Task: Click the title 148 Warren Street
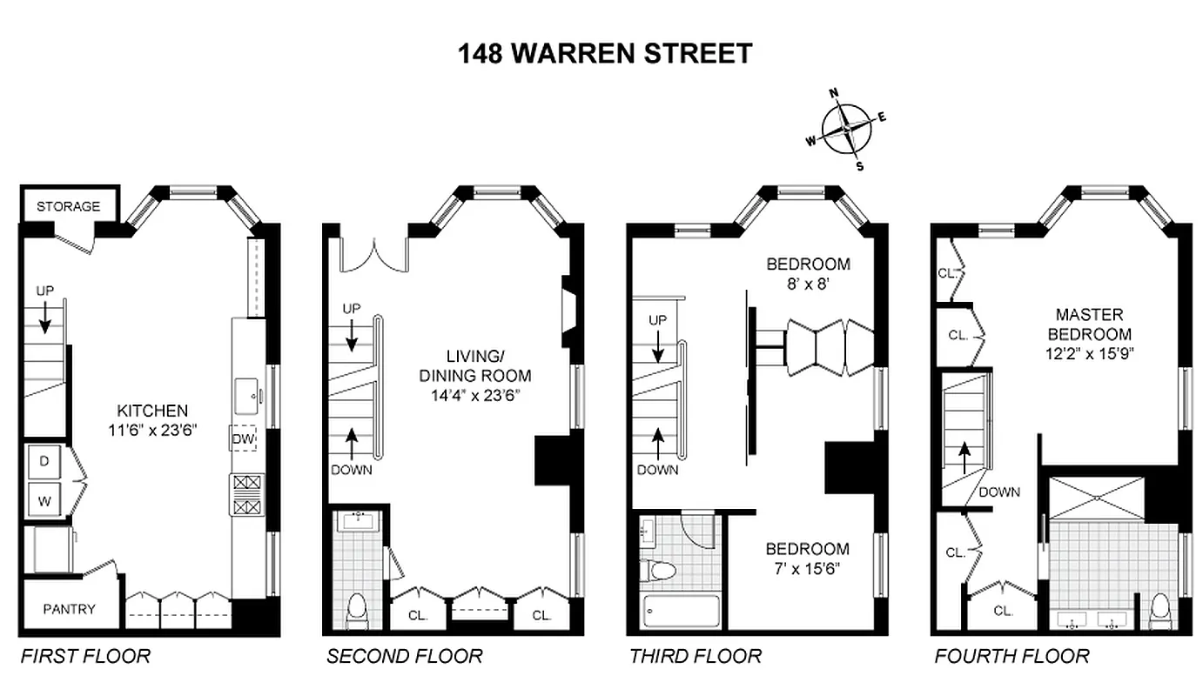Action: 605,54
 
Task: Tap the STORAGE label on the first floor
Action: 68,206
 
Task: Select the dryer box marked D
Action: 44,462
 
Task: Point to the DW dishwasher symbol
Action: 243,439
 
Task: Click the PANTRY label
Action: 69,609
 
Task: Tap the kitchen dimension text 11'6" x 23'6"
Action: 153,427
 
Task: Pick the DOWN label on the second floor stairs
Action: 352,470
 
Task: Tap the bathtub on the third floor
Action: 680,612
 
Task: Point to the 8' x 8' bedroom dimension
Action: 808,282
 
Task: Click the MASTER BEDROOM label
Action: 1089,324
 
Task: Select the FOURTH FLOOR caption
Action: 1011,655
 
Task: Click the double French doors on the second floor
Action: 373,255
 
